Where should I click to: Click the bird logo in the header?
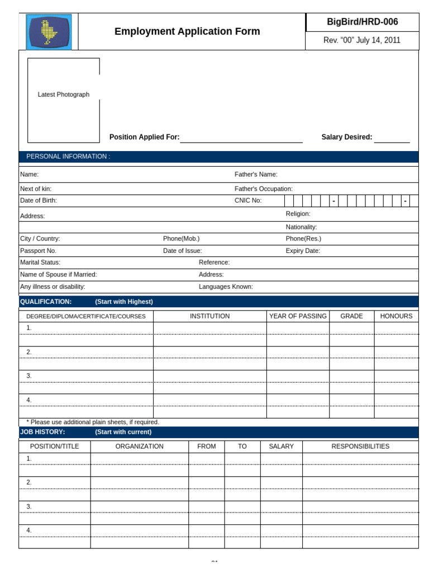pos(49,32)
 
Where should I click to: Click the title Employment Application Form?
pos(187,31)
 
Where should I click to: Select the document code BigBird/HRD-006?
pos(362,22)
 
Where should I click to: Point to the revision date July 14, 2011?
pos(362,40)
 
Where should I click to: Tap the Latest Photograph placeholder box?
pos(64,100)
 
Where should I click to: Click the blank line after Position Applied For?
pos(241,138)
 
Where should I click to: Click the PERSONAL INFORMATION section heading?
pos(68,157)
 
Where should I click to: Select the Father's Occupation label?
pos(263,189)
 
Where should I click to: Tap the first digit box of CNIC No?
pos(289,200)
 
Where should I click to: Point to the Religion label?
pos(298,214)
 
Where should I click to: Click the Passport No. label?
pos(38,251)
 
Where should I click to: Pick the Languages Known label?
pos(226,286)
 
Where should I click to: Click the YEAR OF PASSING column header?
pos(298,316)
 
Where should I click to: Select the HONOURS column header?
pos(396,316)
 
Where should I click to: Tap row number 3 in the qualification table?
pos(29,375)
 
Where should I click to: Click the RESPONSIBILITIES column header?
pos(360,447)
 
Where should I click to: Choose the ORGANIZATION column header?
pos(140,447)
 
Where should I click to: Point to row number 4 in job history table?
pos(29,530)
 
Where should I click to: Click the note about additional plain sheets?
pos(93,422)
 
